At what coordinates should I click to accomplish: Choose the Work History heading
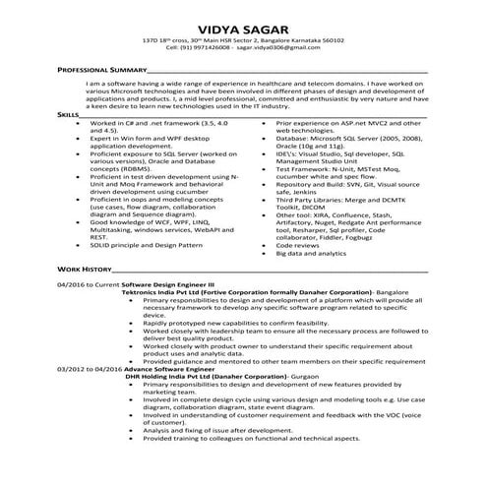point(84,268)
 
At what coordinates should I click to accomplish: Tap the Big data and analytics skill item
point(312,254)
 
